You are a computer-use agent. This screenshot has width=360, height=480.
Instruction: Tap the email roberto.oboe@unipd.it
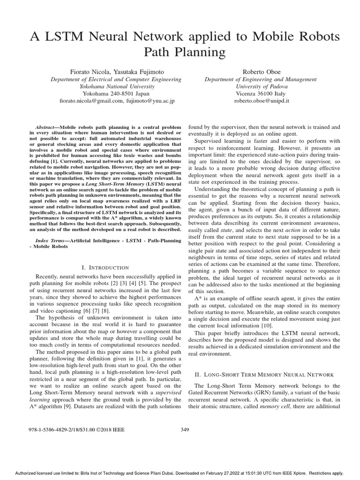(262, 100)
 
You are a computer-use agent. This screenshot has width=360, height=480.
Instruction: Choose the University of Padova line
(262, 86)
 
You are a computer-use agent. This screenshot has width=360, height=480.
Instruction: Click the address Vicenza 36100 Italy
(262, 93)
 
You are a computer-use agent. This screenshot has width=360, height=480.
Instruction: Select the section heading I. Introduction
(105, 267)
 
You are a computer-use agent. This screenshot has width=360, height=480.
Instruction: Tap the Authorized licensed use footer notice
(180, 473)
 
